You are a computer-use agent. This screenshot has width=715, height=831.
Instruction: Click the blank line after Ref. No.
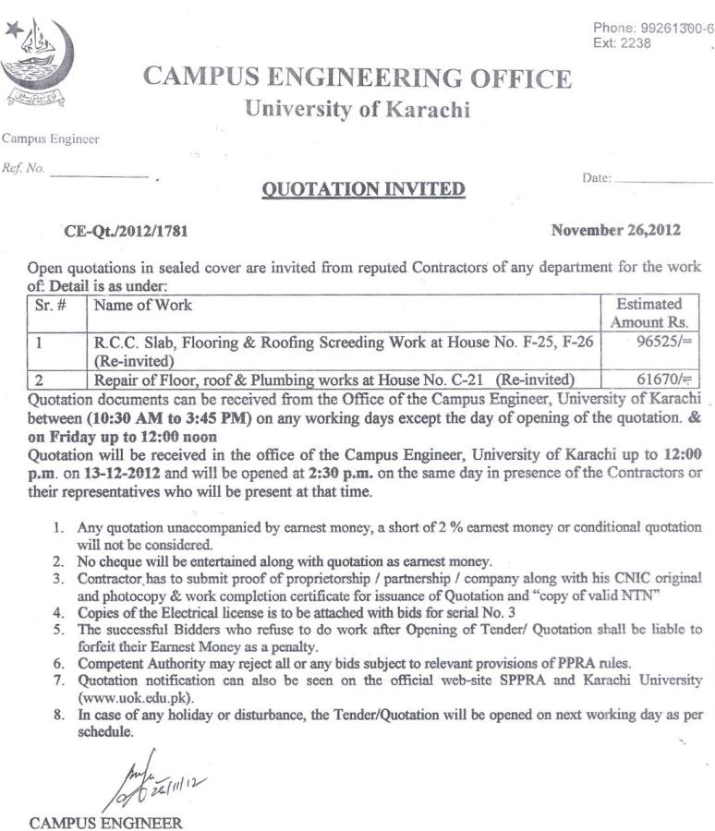[99, 175]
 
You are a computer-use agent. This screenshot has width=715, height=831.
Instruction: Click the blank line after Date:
[662, 183]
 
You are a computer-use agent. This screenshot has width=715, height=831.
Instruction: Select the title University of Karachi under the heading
[357, 111]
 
